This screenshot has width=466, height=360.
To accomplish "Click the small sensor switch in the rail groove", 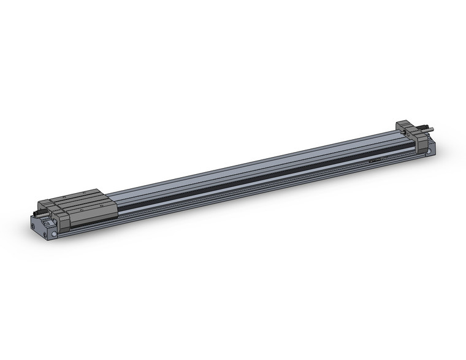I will click(377, 161).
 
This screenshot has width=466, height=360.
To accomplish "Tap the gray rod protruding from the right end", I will click(433, 129).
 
